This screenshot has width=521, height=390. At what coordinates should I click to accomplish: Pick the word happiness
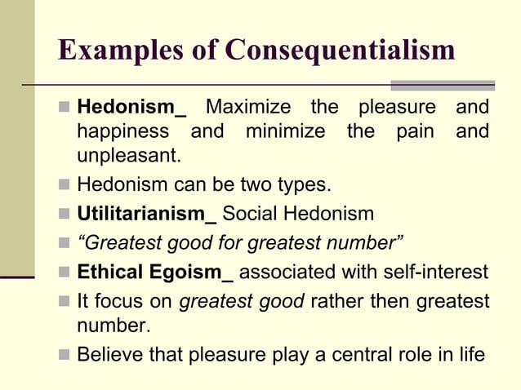coord(123,131)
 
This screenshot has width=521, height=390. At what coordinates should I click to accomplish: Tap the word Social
coord(249,215)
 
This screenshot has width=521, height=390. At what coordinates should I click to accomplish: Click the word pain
coord(415,131)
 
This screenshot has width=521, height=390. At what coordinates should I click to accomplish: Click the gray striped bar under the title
coord(442,85)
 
